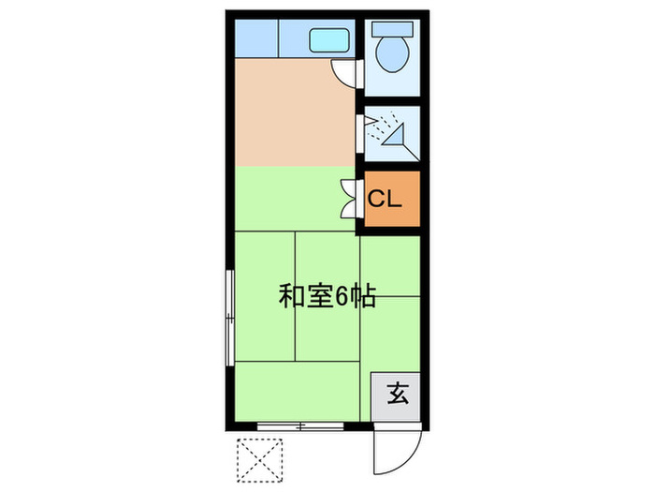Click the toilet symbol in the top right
click(x=390, y=52)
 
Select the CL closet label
click(x=384, y=199)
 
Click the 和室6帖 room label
click(x=327, y=297)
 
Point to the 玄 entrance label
click(x=397, y=394)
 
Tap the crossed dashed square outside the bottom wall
click(x=261, y=460)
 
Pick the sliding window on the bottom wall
click(x=300, y=426)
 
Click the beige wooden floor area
click(x=290, y=112)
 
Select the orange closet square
click(x=391, y=200)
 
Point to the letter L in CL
click(x=394, y=199)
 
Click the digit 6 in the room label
click(x=342, y=297)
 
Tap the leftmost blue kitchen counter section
click(x=255, y=38)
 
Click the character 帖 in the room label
click(x=364, y=297)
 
